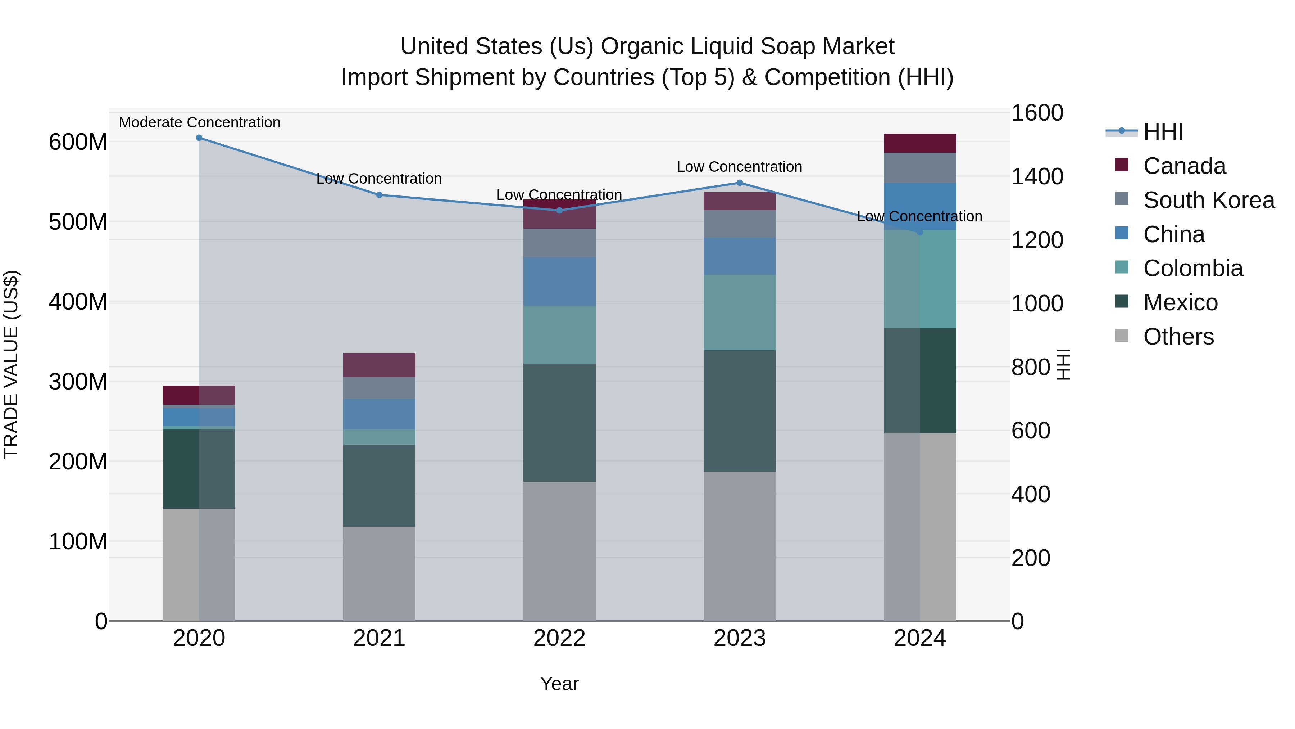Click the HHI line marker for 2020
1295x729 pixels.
199,138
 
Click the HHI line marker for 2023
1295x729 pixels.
740,183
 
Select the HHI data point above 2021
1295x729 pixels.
380,195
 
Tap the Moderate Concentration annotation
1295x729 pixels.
200,122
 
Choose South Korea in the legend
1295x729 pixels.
1209,200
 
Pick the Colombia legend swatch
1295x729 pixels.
1122,267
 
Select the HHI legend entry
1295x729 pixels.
1163,132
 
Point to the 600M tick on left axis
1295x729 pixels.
78,142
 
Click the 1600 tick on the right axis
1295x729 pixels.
1037,113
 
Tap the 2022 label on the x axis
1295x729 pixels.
559,638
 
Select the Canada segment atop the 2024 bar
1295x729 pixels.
919,143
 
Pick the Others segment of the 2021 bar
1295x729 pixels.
380,573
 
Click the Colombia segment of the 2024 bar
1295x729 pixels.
919,279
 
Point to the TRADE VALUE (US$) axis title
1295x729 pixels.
11,364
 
